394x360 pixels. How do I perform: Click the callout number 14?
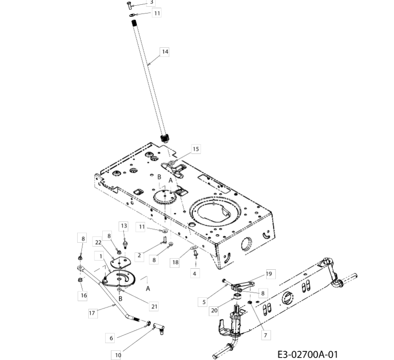click(165, 52)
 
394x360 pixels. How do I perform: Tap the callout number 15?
click(196, 149)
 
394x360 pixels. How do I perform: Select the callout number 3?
click(151, 2)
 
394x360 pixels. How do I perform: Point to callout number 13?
click(124, 226)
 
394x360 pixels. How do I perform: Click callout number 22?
click(98, 242)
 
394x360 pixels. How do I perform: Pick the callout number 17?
click(92, 313)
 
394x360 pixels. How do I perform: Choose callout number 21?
click(154, 306)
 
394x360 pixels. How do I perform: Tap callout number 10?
click(118, 355)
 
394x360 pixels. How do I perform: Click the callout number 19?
click(269, 274)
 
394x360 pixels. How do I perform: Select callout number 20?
click(214, 310)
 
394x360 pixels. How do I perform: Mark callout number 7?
click(266, 335)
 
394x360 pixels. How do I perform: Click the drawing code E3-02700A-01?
click(308, 355)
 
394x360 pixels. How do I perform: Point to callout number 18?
click(175, 262)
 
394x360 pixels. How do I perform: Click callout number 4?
click(194, 274)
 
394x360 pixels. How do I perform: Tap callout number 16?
click(84, 295)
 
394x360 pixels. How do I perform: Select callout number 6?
click(111, 338)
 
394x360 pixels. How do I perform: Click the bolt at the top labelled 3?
click(129, 5)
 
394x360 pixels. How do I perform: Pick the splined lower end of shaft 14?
click(165, 138)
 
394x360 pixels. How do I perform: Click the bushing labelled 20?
click(237, 296)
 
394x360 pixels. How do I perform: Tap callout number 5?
click(204, 302)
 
